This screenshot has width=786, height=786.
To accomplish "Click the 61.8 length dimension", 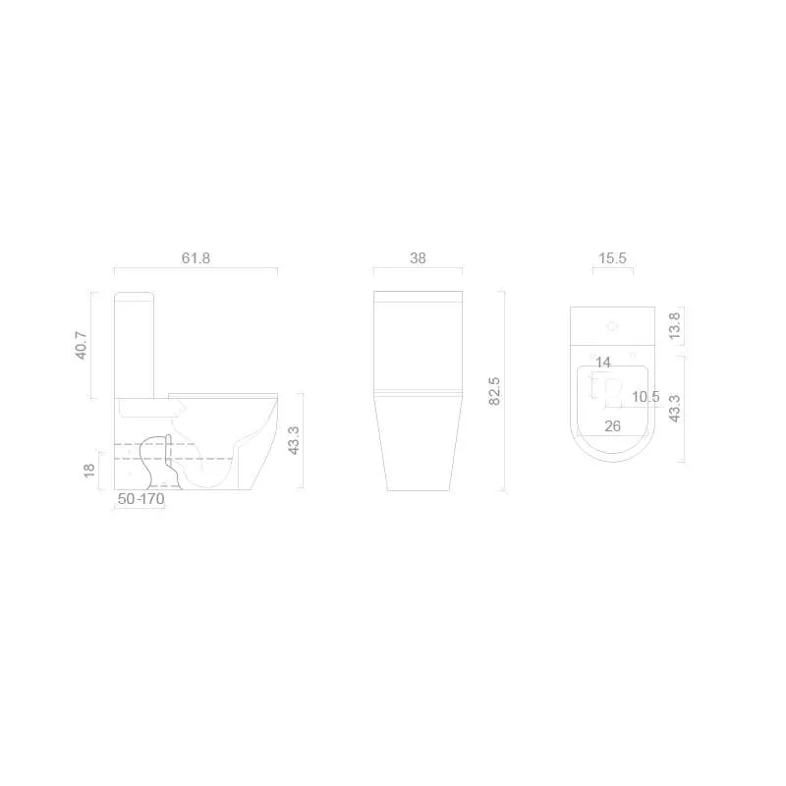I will point(196,258).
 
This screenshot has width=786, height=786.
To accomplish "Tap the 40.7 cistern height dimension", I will point(83,345).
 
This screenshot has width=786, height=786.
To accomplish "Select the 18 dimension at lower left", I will point(88,471).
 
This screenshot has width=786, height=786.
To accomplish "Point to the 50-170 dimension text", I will point(141,499).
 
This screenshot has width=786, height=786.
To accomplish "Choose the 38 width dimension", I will point(418,258).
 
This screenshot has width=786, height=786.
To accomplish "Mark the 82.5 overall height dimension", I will point(494,390).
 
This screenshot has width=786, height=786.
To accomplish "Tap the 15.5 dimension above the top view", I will point(612,258).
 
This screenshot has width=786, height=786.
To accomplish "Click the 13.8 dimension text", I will point(674,326).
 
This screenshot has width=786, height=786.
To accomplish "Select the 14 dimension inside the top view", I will point(603,364).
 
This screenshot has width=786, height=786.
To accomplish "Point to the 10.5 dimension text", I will point(646,397).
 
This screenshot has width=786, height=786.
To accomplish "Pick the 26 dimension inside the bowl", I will point(612,425).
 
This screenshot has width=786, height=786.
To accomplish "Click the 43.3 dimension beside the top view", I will point(674,409).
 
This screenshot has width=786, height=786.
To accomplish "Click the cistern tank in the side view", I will point(137,344).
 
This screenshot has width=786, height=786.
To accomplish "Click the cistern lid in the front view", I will point(418,297).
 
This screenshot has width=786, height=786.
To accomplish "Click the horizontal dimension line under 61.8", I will point(196,270).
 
